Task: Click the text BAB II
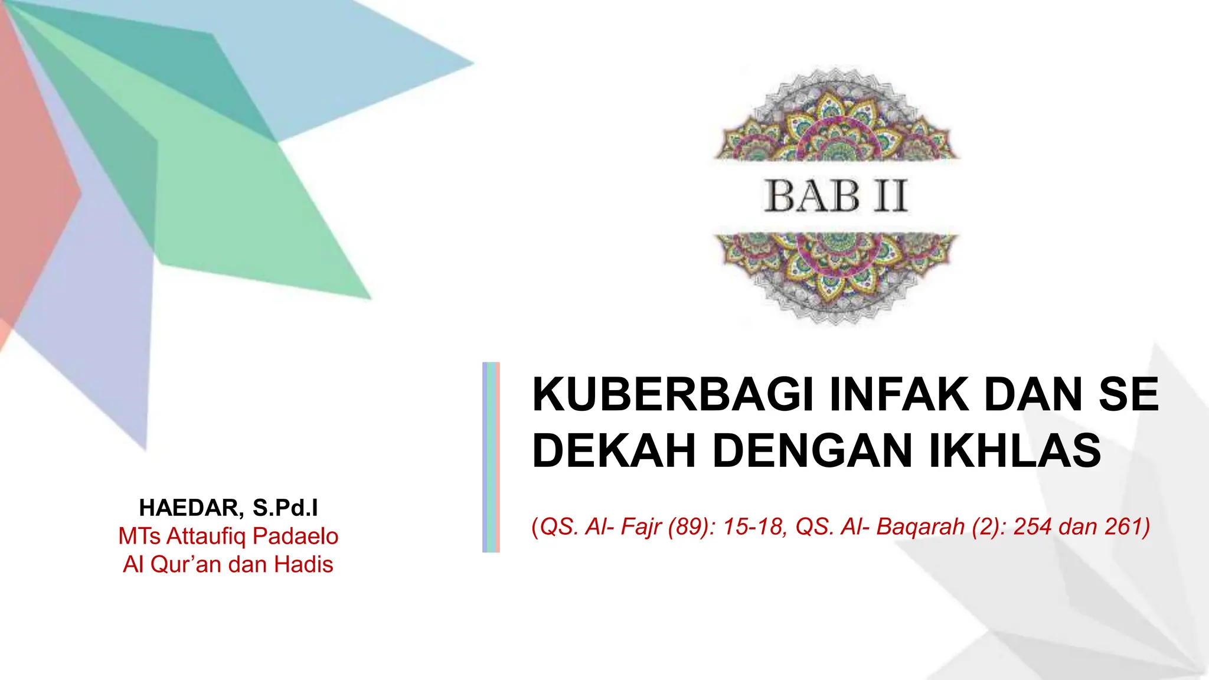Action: [835, 196]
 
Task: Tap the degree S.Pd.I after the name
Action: [285, 508]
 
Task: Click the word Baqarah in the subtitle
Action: [920, 527]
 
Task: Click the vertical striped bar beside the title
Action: [491, 457]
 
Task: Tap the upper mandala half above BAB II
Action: [835, 118]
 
